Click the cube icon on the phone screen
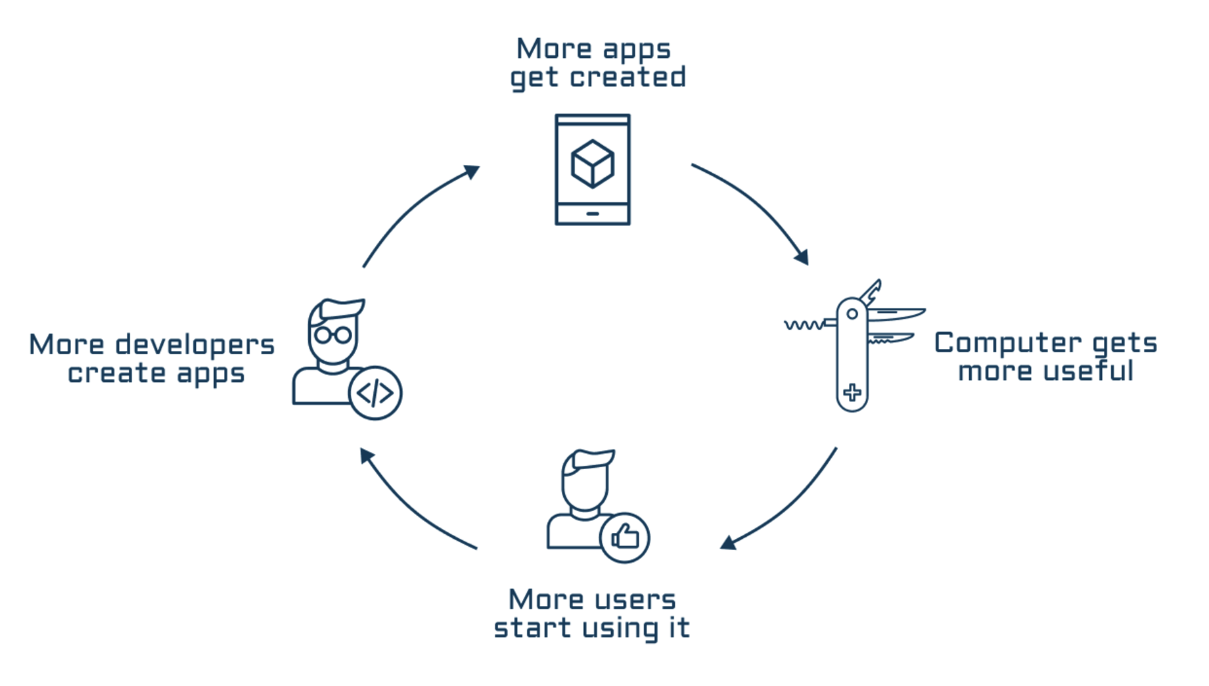[592, 164]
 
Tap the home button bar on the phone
[592, 214]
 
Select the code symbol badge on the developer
[375, 393]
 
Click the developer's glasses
[332, 335]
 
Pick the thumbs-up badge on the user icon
[625, 537]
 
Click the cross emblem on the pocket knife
[852, 392]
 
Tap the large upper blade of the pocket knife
[897, 313]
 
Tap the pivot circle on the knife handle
[852, 314]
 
